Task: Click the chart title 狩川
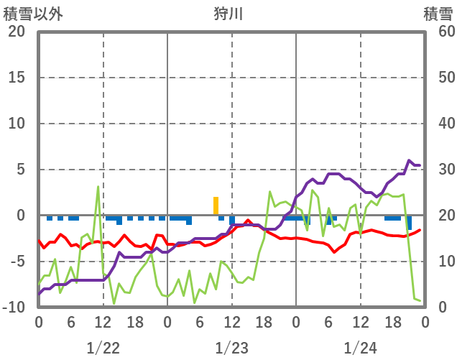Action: click(228, 14)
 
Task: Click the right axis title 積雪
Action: click(436, 14)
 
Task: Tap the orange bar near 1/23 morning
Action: click(216, 206)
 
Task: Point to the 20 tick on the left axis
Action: click(17, 32)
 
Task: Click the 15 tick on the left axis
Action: click(17, 78)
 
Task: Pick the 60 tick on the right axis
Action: click(438, 32)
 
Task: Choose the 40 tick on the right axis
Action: click(438, 124)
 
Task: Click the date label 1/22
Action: click(103, 348)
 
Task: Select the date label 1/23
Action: click(231, 348)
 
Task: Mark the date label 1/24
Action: click(360, 348)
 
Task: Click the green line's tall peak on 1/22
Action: click(98, 187)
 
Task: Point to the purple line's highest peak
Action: click(410, 161)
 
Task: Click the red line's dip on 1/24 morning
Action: click(334, 251)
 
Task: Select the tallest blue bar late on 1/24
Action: click(410, 223)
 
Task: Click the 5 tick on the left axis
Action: click(20, 170)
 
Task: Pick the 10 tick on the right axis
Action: click(438, 262)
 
